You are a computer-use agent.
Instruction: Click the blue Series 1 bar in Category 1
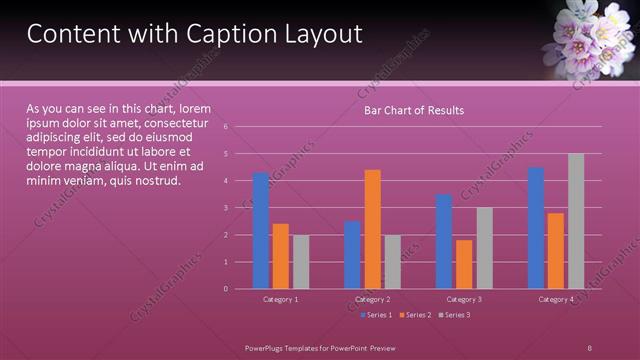[261, 230]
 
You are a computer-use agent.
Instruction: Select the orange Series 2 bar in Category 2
[372, 229]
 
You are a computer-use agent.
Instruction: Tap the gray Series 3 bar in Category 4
[575, 221]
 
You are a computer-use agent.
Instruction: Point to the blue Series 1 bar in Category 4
[536, 228]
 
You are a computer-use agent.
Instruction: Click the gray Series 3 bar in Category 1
[301, 261]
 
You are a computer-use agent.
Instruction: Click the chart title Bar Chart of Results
[412, 110]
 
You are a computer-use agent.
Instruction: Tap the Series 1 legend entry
[376, 315]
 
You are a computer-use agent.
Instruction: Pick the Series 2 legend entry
[414, 315]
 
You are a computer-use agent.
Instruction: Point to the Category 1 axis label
[281, 299]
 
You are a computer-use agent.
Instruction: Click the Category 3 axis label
[464, 299]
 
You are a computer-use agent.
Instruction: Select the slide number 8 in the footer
[589, 346]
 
